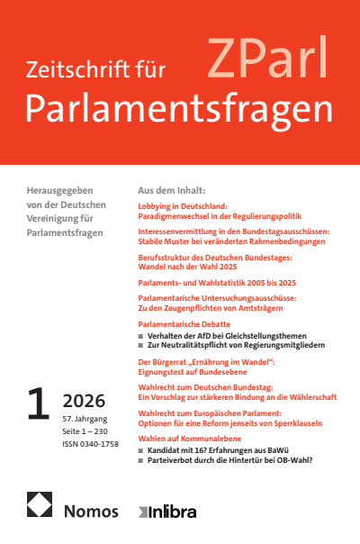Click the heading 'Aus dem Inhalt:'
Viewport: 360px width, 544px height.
coord(171,192)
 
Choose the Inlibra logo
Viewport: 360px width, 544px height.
coord(172,511)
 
